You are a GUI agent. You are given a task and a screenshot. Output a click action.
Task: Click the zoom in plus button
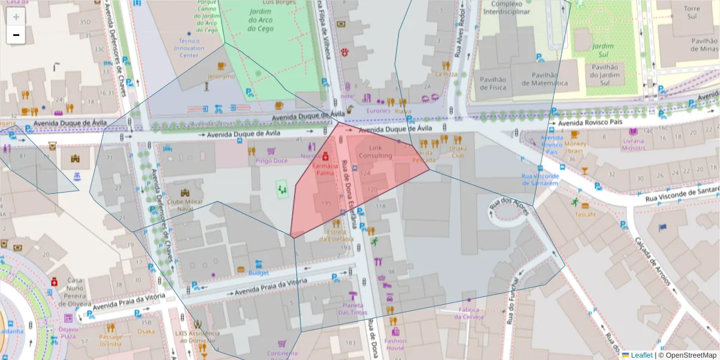pyautogui.click(x=16, y=17)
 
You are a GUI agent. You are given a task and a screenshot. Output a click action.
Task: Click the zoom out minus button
pyautogui.click(x=16, y=35)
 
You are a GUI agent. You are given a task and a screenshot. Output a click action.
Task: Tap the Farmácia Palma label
pyautogui.click(x=325, y=169)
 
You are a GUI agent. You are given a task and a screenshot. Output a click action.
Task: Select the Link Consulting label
pyautogui.click(x=375, y=151)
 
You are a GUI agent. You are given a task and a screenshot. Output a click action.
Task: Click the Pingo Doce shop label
pyautogui.click(x=271, y=161)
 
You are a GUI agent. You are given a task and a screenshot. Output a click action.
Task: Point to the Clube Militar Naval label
pyautogui.click(x=188, y=205)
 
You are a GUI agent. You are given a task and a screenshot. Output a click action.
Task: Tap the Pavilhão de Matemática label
pyautogui.click(x=544, y=79)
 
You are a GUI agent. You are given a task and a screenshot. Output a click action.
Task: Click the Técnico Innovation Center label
pyautogui.click(x=188, y=48)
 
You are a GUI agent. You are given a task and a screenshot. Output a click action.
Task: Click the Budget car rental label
pyautogui.click(x=258, y=272)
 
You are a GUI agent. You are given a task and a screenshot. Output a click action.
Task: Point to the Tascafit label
pyautogui.click(x=585, y=214)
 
